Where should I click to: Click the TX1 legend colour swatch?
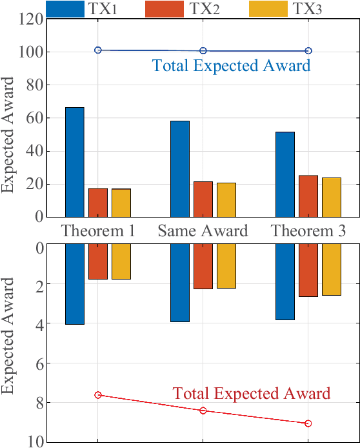point(65,8)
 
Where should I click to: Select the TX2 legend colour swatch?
point(165,8)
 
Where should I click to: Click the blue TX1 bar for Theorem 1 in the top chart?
point(75,162)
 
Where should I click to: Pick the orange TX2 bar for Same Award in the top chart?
point(203,199)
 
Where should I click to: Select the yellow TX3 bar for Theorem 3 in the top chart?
point(332,197)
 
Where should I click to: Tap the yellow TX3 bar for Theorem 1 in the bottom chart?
point(121,261)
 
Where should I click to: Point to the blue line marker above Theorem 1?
point(98,50)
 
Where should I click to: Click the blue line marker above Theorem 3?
point(308,50)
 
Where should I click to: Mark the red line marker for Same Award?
point(203,411)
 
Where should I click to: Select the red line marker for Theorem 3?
point(308,423)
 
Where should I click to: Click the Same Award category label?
point(203,231)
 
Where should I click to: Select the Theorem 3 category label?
point(308,231)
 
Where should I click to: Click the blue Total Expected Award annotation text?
point(231,65)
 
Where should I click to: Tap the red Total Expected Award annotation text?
point(252,394)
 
